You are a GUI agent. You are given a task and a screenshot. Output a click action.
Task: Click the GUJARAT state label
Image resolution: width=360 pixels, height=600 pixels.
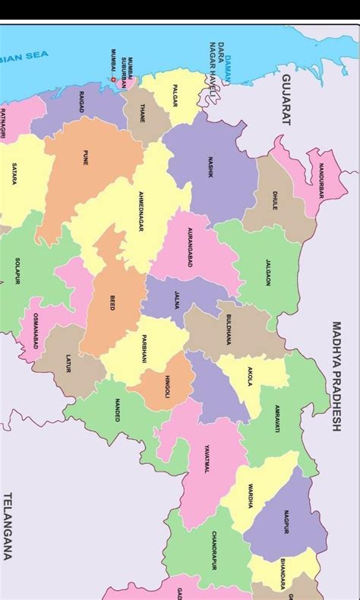(x=287, y=99)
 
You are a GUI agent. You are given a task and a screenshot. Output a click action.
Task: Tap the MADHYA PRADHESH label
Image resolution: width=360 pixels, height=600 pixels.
(x=336, y=377)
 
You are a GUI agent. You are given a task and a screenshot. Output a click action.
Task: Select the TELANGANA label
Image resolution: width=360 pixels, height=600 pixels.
(x=8, y=526)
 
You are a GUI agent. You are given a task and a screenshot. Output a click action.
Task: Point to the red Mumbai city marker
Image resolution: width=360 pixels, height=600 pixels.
(x=114, y=80)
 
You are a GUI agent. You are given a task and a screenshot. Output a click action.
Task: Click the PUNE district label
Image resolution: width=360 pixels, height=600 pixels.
(x=85, y=159)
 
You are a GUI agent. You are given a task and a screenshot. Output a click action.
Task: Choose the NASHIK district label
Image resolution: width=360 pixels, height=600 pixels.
(x=210, y=168)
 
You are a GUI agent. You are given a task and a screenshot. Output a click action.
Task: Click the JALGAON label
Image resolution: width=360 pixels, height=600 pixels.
(x=267, y=271)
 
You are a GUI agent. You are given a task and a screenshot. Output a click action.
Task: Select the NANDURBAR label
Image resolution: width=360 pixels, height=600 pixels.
(x=321, y=180)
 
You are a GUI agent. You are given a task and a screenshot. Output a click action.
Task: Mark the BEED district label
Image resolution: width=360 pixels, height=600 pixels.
(x=112, y=302)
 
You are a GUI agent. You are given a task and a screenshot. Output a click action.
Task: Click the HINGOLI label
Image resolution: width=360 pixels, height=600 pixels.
(x=167, y=387)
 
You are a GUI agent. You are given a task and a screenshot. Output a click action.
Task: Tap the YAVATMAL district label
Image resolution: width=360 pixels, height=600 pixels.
(x=206, y=459)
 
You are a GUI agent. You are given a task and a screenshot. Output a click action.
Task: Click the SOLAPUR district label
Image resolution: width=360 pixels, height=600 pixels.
(x=17, y=271)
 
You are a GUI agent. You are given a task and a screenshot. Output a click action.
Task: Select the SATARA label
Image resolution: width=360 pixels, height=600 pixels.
(x=14, y=174)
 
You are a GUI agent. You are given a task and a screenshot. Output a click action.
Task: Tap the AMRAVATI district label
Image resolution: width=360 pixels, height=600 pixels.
(x=277, y=418)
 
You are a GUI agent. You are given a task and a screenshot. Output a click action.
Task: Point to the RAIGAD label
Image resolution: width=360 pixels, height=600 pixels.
(x=81, y=102)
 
